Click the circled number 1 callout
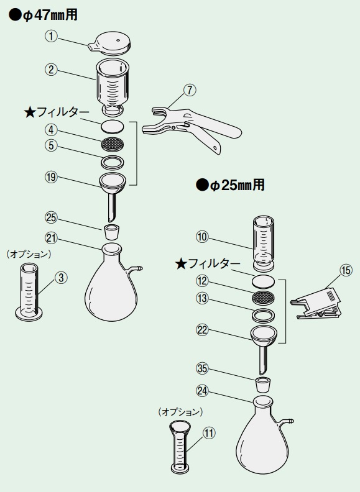[51, 37]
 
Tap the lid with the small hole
[109, 43]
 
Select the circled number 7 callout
[190, 90]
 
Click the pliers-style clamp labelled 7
[192, 129]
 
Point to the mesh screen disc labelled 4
[112, 143]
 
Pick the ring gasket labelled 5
[112, 162]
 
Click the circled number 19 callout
[51, 177]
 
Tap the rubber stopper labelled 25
[111, 232]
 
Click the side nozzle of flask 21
[136, 268]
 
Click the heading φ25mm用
[230, 185]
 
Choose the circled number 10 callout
[202, 237]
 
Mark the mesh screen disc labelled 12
[264, 297]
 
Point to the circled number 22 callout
[202, 330]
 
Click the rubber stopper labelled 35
[263, 385]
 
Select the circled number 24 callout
[202, 391]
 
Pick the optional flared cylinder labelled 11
[180, 447]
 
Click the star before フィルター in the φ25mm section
[181, 264]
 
